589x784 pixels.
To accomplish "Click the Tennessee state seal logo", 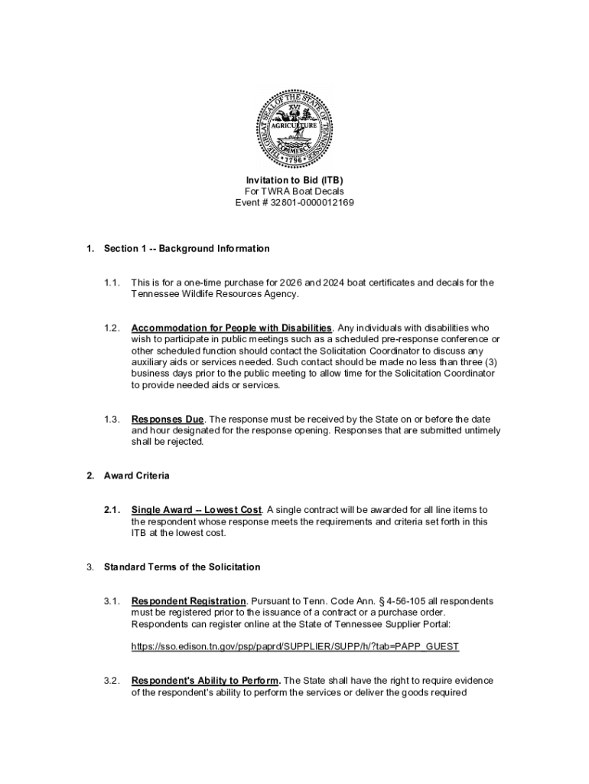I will click(x=294, y=127).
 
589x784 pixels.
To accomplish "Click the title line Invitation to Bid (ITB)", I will click(x=294, y=180).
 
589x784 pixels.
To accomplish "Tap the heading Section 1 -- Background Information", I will click(x=187, y=249).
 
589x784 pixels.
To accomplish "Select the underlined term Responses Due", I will click(x=168, y=420).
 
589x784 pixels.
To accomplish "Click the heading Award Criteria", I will click(x=137, y=476).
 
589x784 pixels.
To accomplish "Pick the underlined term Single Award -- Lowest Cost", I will click(x=197, y=510).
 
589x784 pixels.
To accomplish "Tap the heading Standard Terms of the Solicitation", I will click(x=182, y=567).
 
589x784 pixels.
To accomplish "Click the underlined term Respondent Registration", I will click(x=189, y=601).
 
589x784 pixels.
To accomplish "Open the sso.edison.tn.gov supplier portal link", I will click(x=295, y=647).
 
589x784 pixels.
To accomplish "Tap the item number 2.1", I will click(x=112, y=510).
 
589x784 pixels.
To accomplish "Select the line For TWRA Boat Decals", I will click(x=294, y=191).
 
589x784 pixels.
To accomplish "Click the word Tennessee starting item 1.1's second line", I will click(x=156, y=294).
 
